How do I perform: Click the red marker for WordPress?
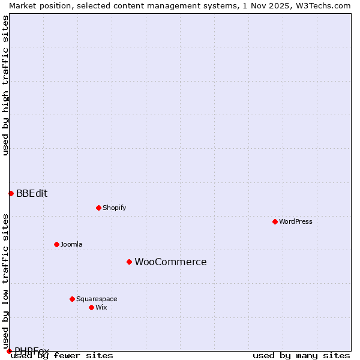point(275,221)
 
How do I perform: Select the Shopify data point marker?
point(98,208)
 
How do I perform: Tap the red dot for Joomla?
point(56,244)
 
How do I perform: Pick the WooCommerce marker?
point(129,262)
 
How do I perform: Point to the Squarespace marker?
point(72,299)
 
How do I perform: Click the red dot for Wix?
point(91,307)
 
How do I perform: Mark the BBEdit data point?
point(11,193)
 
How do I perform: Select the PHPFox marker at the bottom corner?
point(9,351)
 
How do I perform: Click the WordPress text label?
point(296,221)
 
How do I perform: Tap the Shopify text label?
point(115,208)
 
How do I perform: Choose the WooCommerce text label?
point(170,262)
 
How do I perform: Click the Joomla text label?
point(71,244)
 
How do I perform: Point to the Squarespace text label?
point(97,299)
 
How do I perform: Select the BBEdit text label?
point(32,193)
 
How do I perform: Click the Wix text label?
point(101,307)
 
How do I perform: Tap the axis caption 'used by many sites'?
point(301,355)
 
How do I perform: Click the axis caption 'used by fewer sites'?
point(62,355)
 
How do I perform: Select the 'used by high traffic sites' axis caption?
point(5,85)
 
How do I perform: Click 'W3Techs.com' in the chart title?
point(323,5)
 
